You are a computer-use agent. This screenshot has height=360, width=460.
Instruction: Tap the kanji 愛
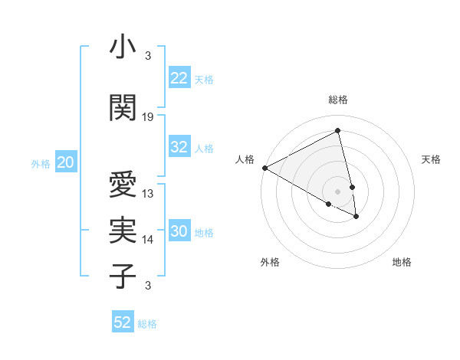click(123, 185)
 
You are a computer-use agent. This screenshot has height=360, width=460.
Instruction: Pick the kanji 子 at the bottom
click(123, 277)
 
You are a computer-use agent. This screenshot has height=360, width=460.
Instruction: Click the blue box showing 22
click(179, 78)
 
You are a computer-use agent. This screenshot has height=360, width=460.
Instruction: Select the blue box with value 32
click(179, 148)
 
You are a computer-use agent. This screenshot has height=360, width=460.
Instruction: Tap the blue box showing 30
click(179, 232)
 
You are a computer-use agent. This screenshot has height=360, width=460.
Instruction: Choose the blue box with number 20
click(66, 162)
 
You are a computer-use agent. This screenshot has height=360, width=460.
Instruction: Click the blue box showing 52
click(123, 323)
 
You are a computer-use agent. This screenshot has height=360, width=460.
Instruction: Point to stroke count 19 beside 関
click(148, 116)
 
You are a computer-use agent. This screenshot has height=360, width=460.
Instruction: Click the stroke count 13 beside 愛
click(148, 193)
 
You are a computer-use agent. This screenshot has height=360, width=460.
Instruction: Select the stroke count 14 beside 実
click(148, 240)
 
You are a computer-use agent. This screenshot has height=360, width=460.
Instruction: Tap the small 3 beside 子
click(147, 286)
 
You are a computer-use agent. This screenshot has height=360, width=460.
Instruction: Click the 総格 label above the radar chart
click(338, 100)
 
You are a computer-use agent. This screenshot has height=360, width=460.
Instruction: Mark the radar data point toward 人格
click(264, 168)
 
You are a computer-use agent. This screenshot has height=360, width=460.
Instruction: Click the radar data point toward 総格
click(338, 131)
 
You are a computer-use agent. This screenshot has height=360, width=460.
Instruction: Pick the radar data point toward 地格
click(356, 217)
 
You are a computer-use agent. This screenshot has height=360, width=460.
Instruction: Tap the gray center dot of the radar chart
click(338, 191)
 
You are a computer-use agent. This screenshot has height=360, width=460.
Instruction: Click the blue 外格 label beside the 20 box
click(40, 163)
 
